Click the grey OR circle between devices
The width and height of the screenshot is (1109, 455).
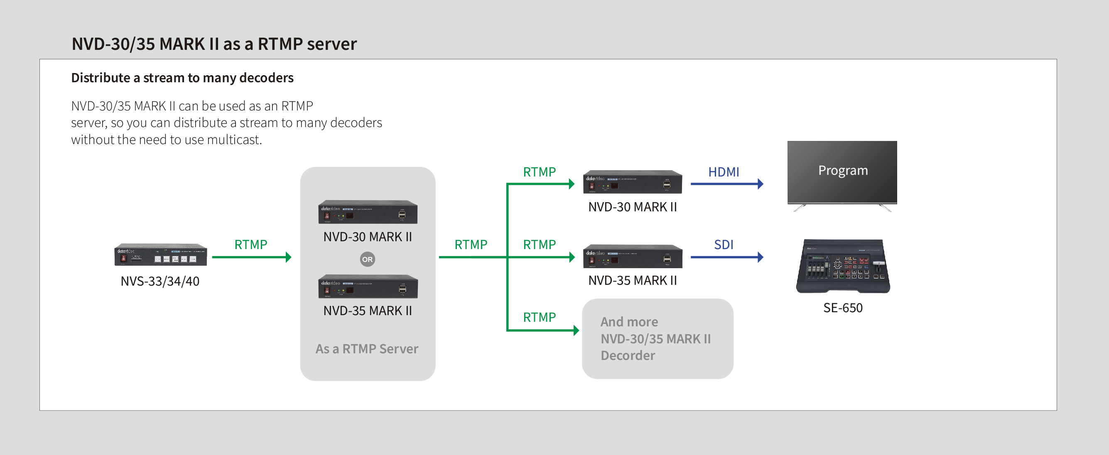pos(367,259)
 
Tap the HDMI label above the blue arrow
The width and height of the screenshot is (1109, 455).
pos(723,172)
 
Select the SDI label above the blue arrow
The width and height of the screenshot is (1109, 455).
pos(723,245)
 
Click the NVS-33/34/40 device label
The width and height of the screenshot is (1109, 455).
pos(160,281)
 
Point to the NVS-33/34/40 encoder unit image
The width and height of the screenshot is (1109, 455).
pos(160,255)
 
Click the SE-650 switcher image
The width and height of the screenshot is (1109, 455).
pos(842,266)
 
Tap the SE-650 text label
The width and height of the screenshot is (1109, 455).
pos(842,308)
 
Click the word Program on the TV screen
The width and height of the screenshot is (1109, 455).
pos(842,171)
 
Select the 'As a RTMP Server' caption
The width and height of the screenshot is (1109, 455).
pos(367,349)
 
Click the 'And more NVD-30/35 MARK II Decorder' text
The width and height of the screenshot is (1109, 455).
pos(655,339)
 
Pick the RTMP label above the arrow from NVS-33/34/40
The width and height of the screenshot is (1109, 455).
pos(250,245)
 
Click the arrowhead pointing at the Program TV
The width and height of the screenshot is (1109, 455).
pos(760,184)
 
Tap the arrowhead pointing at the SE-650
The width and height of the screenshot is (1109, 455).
pos(760,257)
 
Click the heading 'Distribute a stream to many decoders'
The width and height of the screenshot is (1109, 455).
pos(182,78)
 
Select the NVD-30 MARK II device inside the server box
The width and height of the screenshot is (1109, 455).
pos(368,212)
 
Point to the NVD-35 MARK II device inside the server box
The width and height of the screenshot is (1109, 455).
pos(368,287)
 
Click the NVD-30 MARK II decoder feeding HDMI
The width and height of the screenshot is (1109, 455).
pos(633,182)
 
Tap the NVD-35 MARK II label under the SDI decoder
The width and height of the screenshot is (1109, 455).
pos(633,280)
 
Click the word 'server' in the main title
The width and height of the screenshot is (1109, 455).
pos(331,44)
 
